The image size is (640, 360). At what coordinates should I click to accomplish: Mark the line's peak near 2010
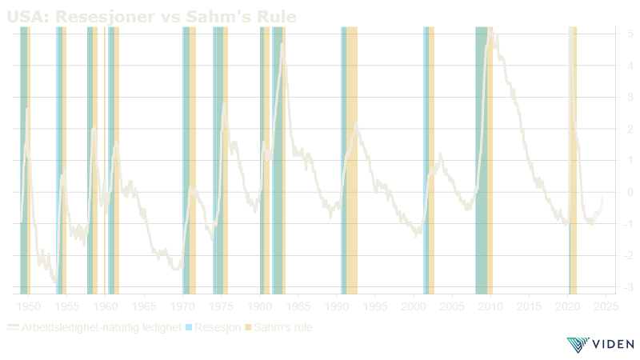point(490,31)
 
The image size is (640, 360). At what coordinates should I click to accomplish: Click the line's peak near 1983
point(282,46)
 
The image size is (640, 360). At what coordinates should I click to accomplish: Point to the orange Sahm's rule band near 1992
point(351,160)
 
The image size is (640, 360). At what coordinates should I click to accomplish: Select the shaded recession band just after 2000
point(425,160)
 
